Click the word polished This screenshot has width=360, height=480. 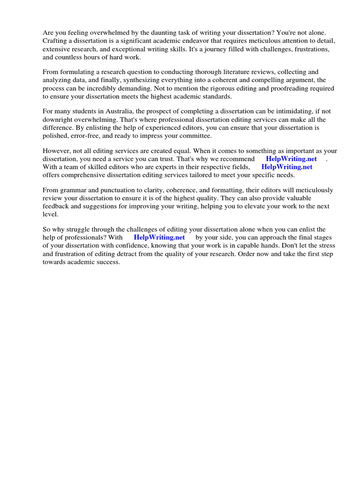pos(56,135)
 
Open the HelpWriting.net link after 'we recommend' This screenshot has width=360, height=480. pos(291,159)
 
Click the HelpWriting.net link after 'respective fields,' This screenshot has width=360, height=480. pos(287,167)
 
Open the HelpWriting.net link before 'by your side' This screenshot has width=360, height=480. pos(159,237)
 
